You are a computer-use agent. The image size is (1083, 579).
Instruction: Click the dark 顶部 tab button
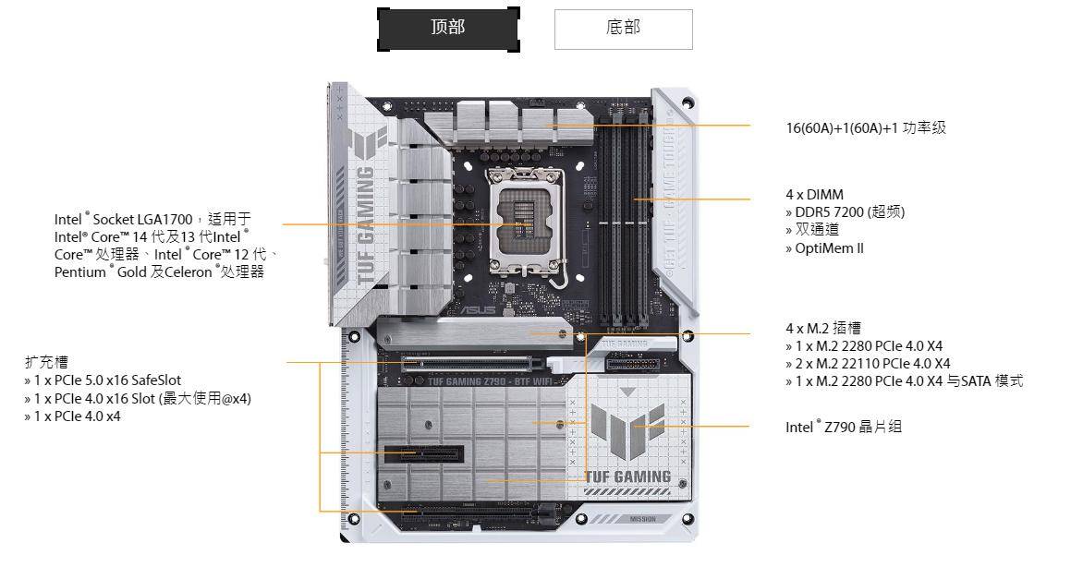[x=448, y=29]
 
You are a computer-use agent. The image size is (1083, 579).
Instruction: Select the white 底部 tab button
[x=623, y=29]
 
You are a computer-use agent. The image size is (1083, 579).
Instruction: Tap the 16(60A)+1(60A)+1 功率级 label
[x=866, y=128]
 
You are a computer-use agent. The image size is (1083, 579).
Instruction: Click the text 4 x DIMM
[x=814, y=195]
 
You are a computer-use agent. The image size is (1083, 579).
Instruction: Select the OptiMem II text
[x=829, y=248]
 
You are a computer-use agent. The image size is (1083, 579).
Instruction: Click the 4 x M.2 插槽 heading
[x=823, y=328]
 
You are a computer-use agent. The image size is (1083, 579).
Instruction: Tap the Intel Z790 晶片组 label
[x=844, y=427]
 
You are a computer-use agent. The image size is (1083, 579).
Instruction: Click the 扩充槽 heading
[x=46, y=362]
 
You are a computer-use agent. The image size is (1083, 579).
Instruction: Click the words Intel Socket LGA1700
[x=123, y=220]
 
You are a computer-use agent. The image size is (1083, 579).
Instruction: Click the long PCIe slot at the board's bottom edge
[x=471, y=510]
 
